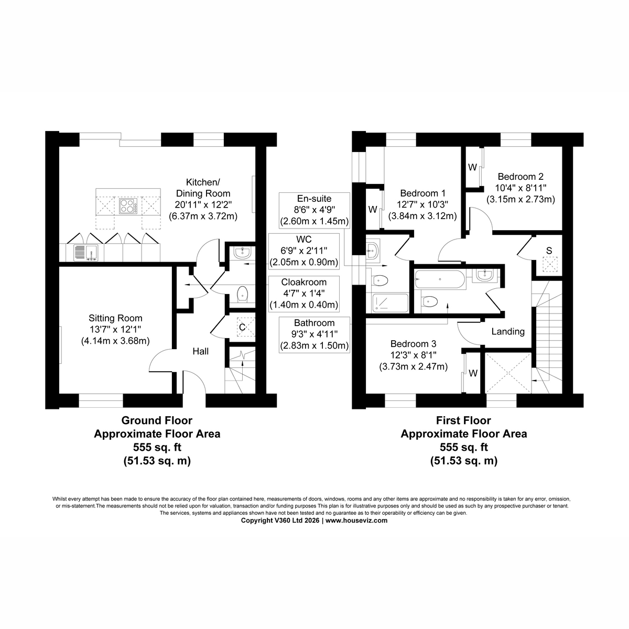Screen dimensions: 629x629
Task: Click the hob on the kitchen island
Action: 128,205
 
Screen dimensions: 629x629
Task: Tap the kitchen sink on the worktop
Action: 86,253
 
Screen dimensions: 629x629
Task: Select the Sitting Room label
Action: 115,318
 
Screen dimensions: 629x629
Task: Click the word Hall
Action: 200,351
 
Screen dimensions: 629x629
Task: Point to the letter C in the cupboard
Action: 242,327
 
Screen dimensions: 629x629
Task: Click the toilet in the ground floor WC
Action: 242,294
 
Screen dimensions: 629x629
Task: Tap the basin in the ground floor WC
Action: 242,252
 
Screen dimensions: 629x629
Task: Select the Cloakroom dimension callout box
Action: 303,294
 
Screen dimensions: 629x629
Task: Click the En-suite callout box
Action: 314,210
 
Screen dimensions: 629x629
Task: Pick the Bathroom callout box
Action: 314,334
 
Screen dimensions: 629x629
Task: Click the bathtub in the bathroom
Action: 440,279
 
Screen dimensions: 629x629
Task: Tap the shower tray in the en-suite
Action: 391,303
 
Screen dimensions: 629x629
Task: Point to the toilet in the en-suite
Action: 379,280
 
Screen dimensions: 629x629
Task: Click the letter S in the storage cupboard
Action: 549,251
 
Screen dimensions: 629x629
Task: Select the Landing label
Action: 508,332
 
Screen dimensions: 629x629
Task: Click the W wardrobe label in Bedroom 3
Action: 473,373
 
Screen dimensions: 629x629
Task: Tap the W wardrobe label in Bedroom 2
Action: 472,167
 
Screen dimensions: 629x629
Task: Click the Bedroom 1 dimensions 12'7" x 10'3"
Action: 422,204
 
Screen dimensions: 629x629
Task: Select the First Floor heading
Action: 463,420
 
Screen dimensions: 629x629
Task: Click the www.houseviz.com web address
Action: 356,520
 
